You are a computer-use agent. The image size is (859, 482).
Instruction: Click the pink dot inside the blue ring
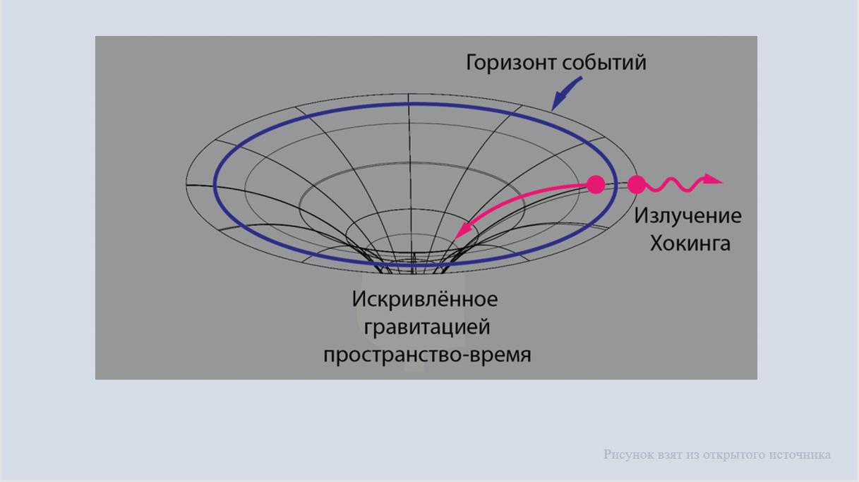596,184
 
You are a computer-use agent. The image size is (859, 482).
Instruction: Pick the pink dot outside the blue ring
637,184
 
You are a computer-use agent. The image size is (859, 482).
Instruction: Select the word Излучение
687,215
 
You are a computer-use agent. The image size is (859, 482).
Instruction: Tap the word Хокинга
690,243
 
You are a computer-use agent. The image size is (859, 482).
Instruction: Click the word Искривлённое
425,299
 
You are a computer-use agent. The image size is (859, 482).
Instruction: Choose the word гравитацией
427,327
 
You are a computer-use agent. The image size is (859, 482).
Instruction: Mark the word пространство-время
427,355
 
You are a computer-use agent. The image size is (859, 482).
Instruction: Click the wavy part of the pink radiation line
675,185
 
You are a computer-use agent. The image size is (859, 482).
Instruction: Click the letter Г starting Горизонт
471,63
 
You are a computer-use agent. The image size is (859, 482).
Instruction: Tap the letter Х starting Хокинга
657,243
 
